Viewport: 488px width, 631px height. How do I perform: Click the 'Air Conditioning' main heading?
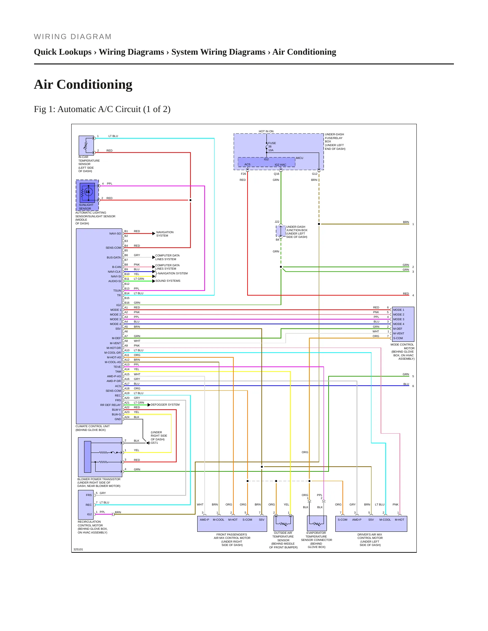(x=83, y=84)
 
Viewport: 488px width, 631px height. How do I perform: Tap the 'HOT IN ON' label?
(x=266, y=131)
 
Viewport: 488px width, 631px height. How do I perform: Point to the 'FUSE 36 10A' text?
(x=272, y=147)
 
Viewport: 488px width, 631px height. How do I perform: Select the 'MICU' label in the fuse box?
(x=300, y=158)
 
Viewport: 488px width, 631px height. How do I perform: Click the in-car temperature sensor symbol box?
(x=86, y=145)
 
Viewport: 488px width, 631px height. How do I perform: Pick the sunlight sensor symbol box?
(x=87, y=193)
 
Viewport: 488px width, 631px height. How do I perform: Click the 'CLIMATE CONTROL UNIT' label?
(x=93, y=426)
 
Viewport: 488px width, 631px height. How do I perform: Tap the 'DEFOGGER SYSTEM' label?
(x=165, y=405)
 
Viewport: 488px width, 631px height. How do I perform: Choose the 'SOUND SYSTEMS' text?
(x=168, y=281)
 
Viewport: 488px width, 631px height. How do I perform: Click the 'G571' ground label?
(x=154, y=443)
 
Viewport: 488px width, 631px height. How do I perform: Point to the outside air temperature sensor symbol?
(x=283, y=523)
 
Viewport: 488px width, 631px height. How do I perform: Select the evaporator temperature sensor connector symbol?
(x=317, y=523)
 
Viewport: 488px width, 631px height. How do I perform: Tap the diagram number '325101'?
(x=78, y=549)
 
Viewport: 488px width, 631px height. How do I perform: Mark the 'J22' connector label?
(x=277, y=222)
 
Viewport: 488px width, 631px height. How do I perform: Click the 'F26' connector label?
(x=243, y=174)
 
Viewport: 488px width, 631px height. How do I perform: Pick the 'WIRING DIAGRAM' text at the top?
(x=73, y=37)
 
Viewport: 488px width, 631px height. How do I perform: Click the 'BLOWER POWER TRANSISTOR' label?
(x=99, y=479)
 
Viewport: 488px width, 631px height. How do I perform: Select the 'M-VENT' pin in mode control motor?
(x=399, y=333)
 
